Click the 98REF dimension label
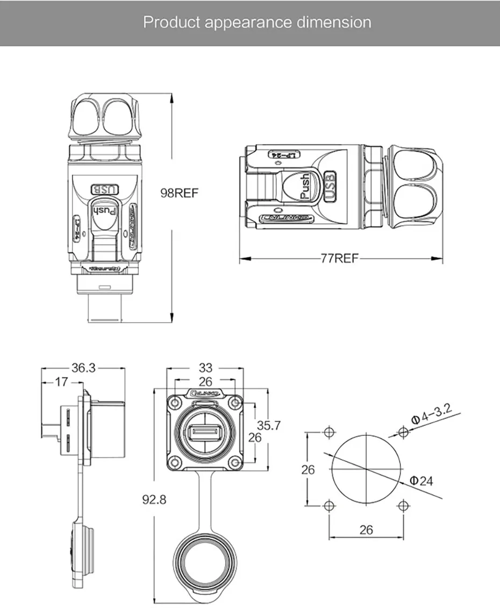pos(180,193)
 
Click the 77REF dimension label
pos(339,258)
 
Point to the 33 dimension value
pos(205,368)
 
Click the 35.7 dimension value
pos(268,425)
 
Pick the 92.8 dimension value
pos(154,499)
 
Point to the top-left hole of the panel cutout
pos(329,432)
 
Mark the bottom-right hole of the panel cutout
pos(403,506)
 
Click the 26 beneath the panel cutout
pos(366,529)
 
